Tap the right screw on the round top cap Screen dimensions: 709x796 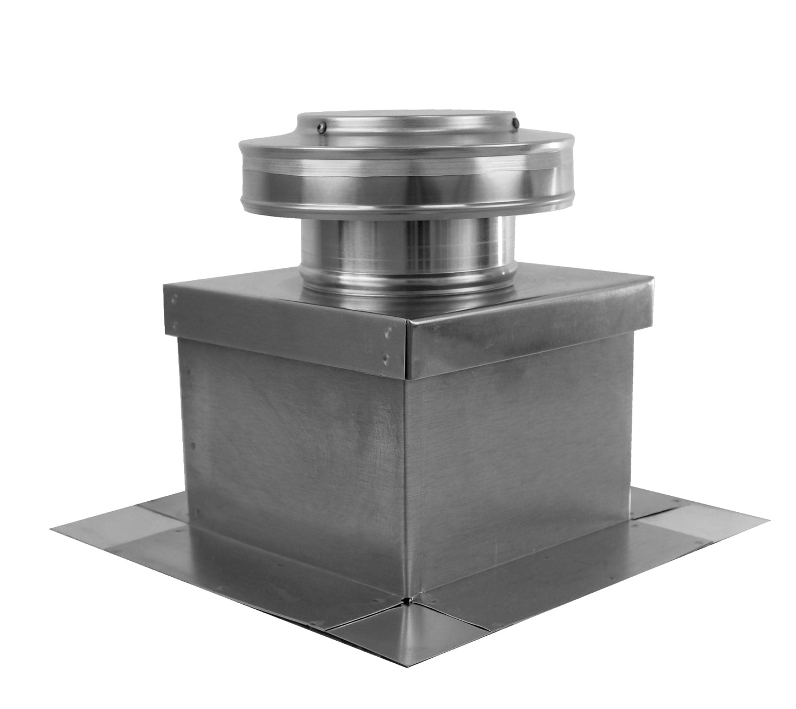(x=515, y=123)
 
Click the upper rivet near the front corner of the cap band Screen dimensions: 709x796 (x=389, y=332)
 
